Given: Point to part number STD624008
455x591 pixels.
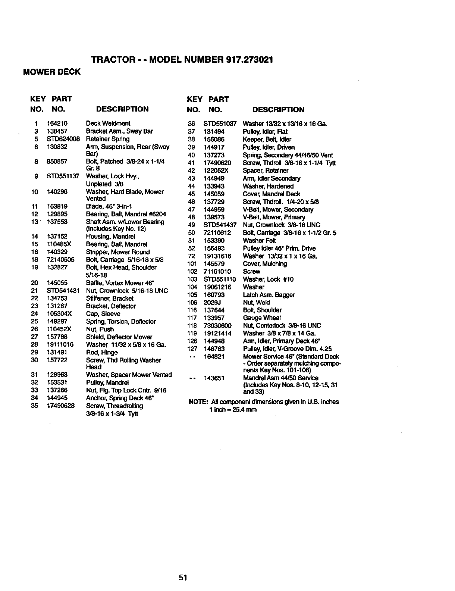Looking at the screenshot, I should coord(63,139).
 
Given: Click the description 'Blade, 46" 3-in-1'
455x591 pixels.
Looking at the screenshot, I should coord(109,207).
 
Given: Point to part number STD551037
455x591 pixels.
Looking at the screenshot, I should coord(220,124).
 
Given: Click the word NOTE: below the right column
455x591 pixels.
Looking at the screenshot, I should coord(198,402).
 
